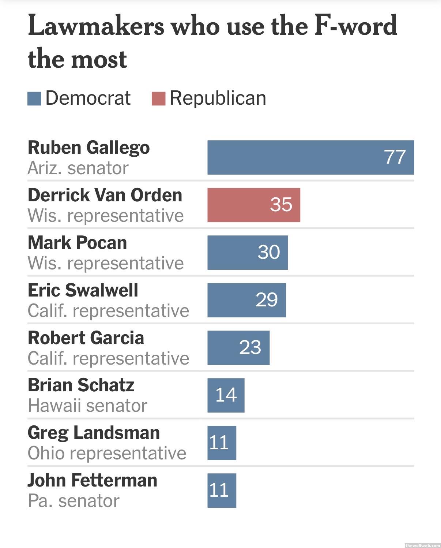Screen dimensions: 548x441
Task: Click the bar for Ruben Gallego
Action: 310,157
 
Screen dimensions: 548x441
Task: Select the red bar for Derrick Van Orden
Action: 254,205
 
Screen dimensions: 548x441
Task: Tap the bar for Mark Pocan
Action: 248,253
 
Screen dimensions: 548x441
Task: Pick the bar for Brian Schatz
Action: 226,395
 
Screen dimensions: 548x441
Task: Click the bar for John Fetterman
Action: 222,491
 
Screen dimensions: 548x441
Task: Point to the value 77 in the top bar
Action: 395,157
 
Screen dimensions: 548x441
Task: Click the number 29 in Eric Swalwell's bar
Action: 267,300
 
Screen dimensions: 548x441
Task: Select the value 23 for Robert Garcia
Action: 250,347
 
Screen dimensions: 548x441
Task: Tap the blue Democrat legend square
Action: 34,99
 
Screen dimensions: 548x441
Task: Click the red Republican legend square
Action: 158,99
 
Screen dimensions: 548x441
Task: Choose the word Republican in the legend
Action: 218,98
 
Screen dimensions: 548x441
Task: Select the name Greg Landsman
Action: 94,433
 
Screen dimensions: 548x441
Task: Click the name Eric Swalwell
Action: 83,290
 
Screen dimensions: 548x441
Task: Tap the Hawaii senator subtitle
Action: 87,406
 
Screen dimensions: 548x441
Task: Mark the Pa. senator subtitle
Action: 73,501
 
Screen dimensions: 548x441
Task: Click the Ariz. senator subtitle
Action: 78,168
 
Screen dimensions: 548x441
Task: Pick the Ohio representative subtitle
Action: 107,453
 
